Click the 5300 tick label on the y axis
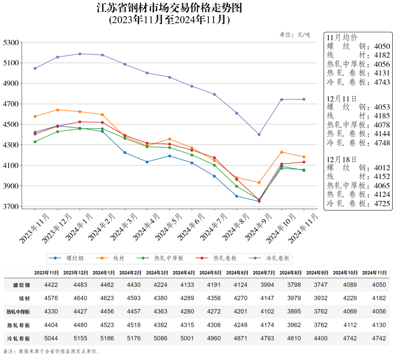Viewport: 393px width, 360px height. pyautogui.click(x=11, y=42)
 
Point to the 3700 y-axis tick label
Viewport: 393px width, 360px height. pyautogui.click(x=11, y=207)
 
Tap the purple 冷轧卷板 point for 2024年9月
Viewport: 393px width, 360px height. pyautogui.click(x=259, y=135)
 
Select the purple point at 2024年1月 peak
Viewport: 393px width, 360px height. pyautogui.click(x=80, y=54)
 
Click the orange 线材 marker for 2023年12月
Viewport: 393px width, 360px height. pyautogui.click(x=58, y=110)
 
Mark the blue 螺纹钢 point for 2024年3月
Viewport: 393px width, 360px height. pyautogui.click(x=125, y=153)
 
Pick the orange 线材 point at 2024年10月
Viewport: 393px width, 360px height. pyautogui.click(x=282, y=152)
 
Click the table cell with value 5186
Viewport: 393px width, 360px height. pyautogui.click(x=107, y=338)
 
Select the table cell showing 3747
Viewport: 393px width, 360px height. pyautogui.click(x=321, y=285)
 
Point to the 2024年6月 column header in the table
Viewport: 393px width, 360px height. pyautogui.click(x=237, y=273)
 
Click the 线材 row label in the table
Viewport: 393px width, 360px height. pyautogui.click(x=24, y=298)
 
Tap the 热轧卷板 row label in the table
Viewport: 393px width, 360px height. pyautogui.click(x=19, y=325)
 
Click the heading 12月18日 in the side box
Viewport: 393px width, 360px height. pyautogui.click(x=342, y=160)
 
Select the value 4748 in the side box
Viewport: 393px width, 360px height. pyautogui.click(x=382, y=143)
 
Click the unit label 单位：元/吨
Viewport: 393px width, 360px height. pyautogui.click(x=295, y=35)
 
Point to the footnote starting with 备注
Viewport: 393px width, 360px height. pyautogui.click(x=51, y=351)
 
